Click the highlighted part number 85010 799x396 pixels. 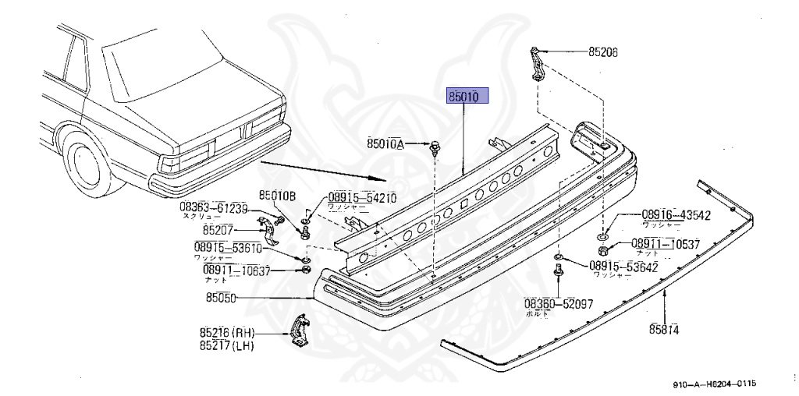467,96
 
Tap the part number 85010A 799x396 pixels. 385,143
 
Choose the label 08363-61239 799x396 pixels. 213,207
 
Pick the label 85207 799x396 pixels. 219,230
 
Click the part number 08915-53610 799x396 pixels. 228,248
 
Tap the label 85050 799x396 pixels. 222,297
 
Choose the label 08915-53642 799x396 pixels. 623,266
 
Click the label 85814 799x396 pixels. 663,329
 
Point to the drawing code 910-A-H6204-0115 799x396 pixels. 716,384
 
